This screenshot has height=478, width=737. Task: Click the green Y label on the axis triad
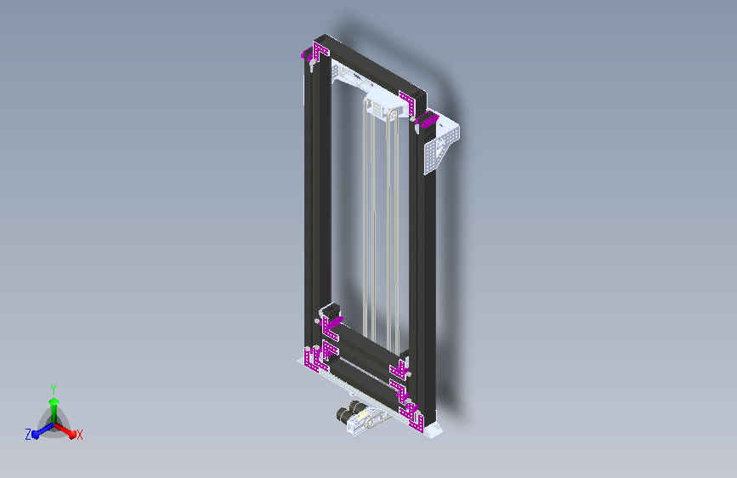tap(54, 389)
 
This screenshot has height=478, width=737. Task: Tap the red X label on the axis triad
tap(79, 435)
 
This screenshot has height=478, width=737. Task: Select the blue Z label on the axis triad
tap(28, 435)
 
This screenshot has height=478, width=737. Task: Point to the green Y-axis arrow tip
tap(54, 401)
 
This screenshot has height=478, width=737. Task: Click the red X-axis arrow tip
tap(72, 434)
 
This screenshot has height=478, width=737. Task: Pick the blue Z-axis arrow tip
tap(35, 435)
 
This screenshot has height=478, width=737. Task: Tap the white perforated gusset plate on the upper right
tap(440, 144)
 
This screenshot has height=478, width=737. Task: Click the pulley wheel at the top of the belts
tap(393, 115)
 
